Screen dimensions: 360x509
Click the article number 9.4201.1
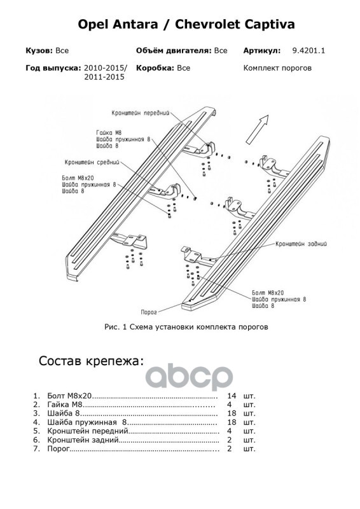tap(308, 51)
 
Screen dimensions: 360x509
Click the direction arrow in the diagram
tap(257, 129)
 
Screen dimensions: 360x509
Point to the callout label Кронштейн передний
tap(141, 113)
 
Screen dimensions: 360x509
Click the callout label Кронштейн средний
tap(92, 162)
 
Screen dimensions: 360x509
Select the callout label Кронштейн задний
tap(301, 244)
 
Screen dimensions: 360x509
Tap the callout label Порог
tap(149, 312)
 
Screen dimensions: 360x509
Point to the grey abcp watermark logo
tap(189, 377)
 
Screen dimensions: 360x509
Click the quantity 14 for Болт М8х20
tap(232, 396)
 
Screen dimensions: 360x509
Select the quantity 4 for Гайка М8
tap(230, 405)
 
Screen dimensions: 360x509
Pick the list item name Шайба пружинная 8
tap(87, 422)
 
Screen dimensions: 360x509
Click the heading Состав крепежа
tap(91, 361)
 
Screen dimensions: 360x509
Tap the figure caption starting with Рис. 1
tap(186, 327)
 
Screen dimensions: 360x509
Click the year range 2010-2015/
tap(106, 68)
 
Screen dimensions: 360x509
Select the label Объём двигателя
tap(174, 51)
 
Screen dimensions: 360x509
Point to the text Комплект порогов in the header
tap(277, 68)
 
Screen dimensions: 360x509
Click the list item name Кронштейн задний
tap(83, 440)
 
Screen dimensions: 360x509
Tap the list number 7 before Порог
tap(36, 449)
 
